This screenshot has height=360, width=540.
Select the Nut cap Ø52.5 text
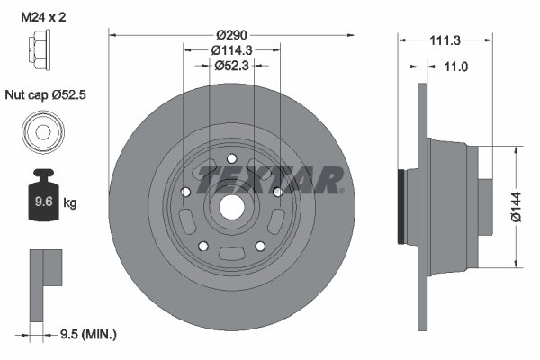click(46, 94)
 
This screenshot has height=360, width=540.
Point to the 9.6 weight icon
click(41, 200)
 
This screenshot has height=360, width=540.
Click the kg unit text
click(70, 203)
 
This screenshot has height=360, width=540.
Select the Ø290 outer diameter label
click(231, 34)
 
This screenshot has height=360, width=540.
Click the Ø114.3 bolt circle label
click(231, 50)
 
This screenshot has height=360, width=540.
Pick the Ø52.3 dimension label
click(231, 67)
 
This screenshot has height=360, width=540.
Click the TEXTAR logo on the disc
click(270, 177)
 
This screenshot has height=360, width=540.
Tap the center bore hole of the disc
click(231, 206)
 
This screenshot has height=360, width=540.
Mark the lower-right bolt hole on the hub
click(259, 246)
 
